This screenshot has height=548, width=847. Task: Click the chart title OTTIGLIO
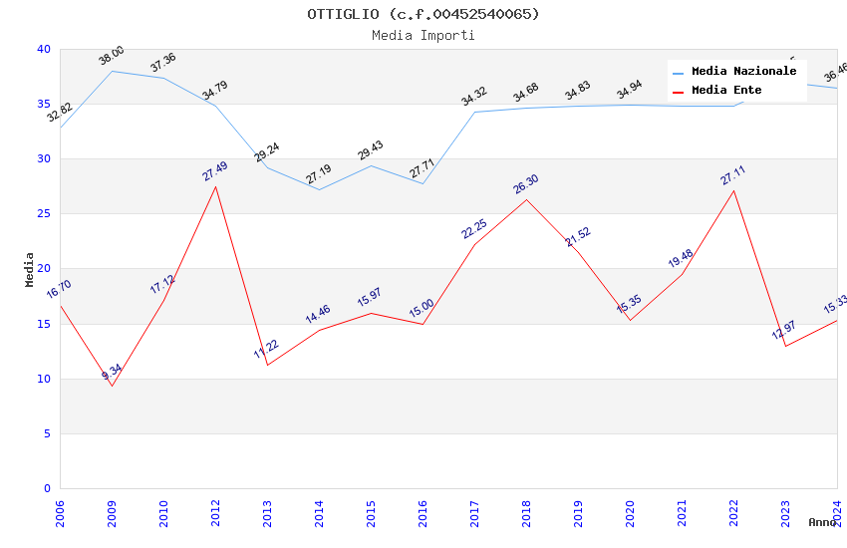(423, 14)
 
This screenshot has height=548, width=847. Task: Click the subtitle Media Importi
(423, 35)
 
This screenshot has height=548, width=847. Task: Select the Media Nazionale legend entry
(743, 72)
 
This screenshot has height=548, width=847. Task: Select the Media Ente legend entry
(726, 91)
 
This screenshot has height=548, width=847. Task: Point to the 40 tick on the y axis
(43, 50)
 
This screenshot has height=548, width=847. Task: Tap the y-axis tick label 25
(43, 214)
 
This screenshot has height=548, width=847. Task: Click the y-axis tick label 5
(46, 433)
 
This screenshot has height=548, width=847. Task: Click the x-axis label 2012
(215, 513)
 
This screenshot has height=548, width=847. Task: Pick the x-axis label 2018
(526, 513)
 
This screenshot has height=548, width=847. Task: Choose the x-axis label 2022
(733, 513)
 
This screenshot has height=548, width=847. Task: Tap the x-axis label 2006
(60, 513)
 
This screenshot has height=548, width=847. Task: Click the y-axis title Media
(30, 269)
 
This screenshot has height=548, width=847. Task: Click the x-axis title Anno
(822, 522)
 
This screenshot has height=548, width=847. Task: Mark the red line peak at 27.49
(215, 186)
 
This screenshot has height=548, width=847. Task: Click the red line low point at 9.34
(112, 386)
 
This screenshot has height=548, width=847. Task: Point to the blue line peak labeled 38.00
(112, 71)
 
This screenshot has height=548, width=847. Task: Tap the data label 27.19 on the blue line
(319, 175)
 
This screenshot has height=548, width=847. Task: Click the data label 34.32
(474, 97)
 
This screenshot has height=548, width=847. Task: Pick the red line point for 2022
(733, 190)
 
